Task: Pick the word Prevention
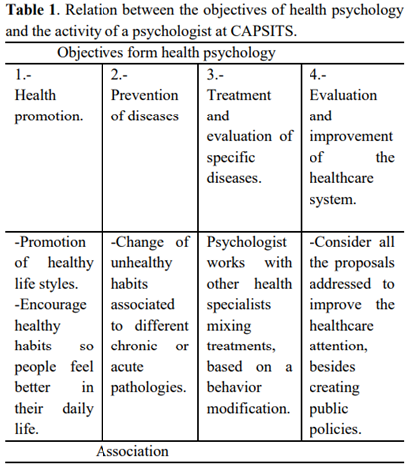click(x=145, y=95)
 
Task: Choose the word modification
click(x=248, y=410)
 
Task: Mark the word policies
click(x=336, y=430)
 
